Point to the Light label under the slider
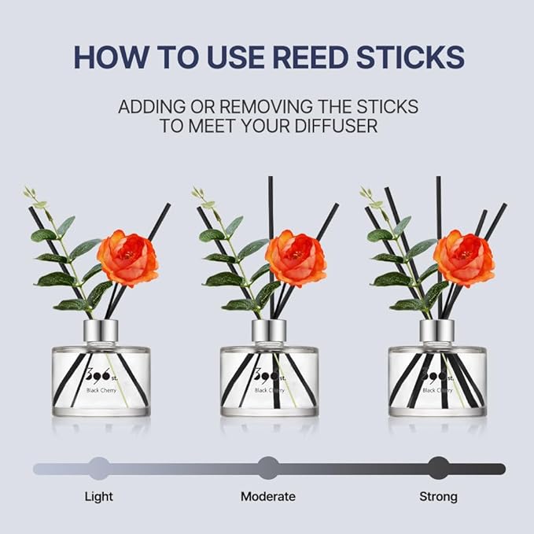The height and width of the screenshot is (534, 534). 98,496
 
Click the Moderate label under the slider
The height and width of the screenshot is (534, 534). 267,496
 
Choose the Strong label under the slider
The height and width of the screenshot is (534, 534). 438,496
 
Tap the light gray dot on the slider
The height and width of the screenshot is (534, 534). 98,469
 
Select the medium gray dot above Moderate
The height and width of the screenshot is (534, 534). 268,469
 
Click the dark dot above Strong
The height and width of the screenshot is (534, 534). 439,469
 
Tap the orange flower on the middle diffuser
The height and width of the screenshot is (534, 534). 295,257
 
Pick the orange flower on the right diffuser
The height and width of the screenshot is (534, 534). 464,257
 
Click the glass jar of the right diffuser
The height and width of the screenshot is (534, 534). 437,381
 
